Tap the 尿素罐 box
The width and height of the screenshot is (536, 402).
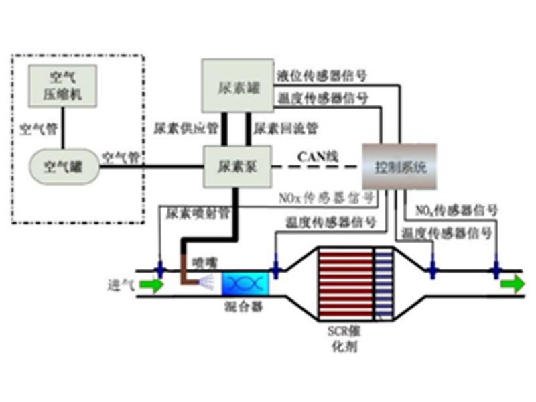pyautogui.click(x=238, y=86)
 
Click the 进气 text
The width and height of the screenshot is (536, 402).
pyautogui.click(x=121, y=285)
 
